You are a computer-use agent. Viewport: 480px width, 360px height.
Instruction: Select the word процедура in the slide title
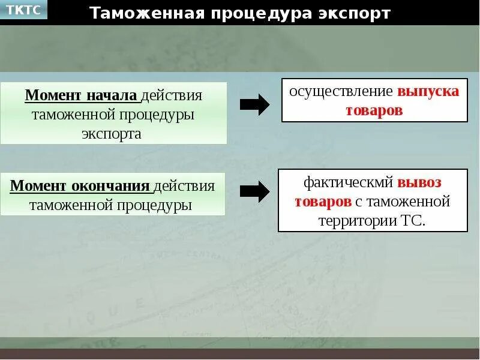click(254, 13)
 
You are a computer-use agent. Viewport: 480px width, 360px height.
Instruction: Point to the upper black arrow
click(254, 104)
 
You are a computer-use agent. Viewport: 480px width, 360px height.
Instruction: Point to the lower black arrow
click(254, 191)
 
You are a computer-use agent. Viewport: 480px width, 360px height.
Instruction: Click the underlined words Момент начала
click(82, 96)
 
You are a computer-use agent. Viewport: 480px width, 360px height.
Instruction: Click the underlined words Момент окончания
click(80, 186)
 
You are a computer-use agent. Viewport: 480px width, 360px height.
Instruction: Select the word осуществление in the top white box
click(341, 91)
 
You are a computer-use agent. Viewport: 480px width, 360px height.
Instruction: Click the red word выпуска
click(428, 91)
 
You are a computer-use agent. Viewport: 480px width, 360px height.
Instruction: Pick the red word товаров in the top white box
click(374, 110)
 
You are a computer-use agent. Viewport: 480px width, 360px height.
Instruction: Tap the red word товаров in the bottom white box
click(323, 201)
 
